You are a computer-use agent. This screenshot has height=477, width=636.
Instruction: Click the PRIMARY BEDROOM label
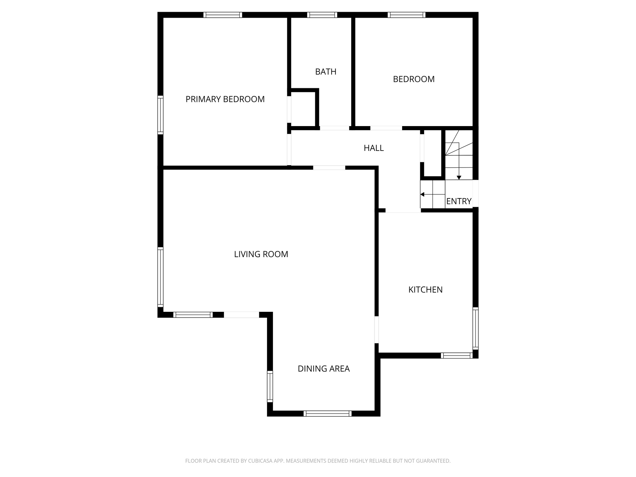click(x=225, y=99)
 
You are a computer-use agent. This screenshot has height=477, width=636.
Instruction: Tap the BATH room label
click(x=325, y=72)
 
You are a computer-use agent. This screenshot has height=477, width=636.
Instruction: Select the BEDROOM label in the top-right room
click(x=414, y=79)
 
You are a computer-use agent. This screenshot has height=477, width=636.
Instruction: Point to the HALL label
click(x=374, y=148)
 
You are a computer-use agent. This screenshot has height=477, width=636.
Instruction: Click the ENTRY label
click(x=459, y=201)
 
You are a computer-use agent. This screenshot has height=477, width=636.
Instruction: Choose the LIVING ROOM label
click(x=261, y=254)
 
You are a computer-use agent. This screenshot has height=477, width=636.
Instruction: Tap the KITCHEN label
click(x=425, y=290)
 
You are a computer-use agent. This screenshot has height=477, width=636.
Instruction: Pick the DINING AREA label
click(x=324, y=369)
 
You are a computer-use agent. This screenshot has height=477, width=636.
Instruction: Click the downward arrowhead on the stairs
click(x=459, y=178)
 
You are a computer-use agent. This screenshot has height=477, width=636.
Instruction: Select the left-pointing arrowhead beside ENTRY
click(x=422, y=194)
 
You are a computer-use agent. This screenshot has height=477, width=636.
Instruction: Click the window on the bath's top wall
click(x=322, y=15)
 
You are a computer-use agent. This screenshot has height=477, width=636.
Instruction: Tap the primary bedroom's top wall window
click(x=223, y=15)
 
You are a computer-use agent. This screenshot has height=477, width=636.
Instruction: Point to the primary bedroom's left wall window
click(x=160, y=115)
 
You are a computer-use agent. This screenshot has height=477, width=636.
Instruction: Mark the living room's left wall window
click(x=160, y=277)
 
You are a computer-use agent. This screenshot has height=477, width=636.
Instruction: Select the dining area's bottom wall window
click(x=327, y=413)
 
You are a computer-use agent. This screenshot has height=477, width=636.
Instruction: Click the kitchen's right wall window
click(x=475, y=328)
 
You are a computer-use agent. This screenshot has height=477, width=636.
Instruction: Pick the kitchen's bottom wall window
click(x=457, y=356)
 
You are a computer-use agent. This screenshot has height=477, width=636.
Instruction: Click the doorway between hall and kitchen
click(x=403, y=211)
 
